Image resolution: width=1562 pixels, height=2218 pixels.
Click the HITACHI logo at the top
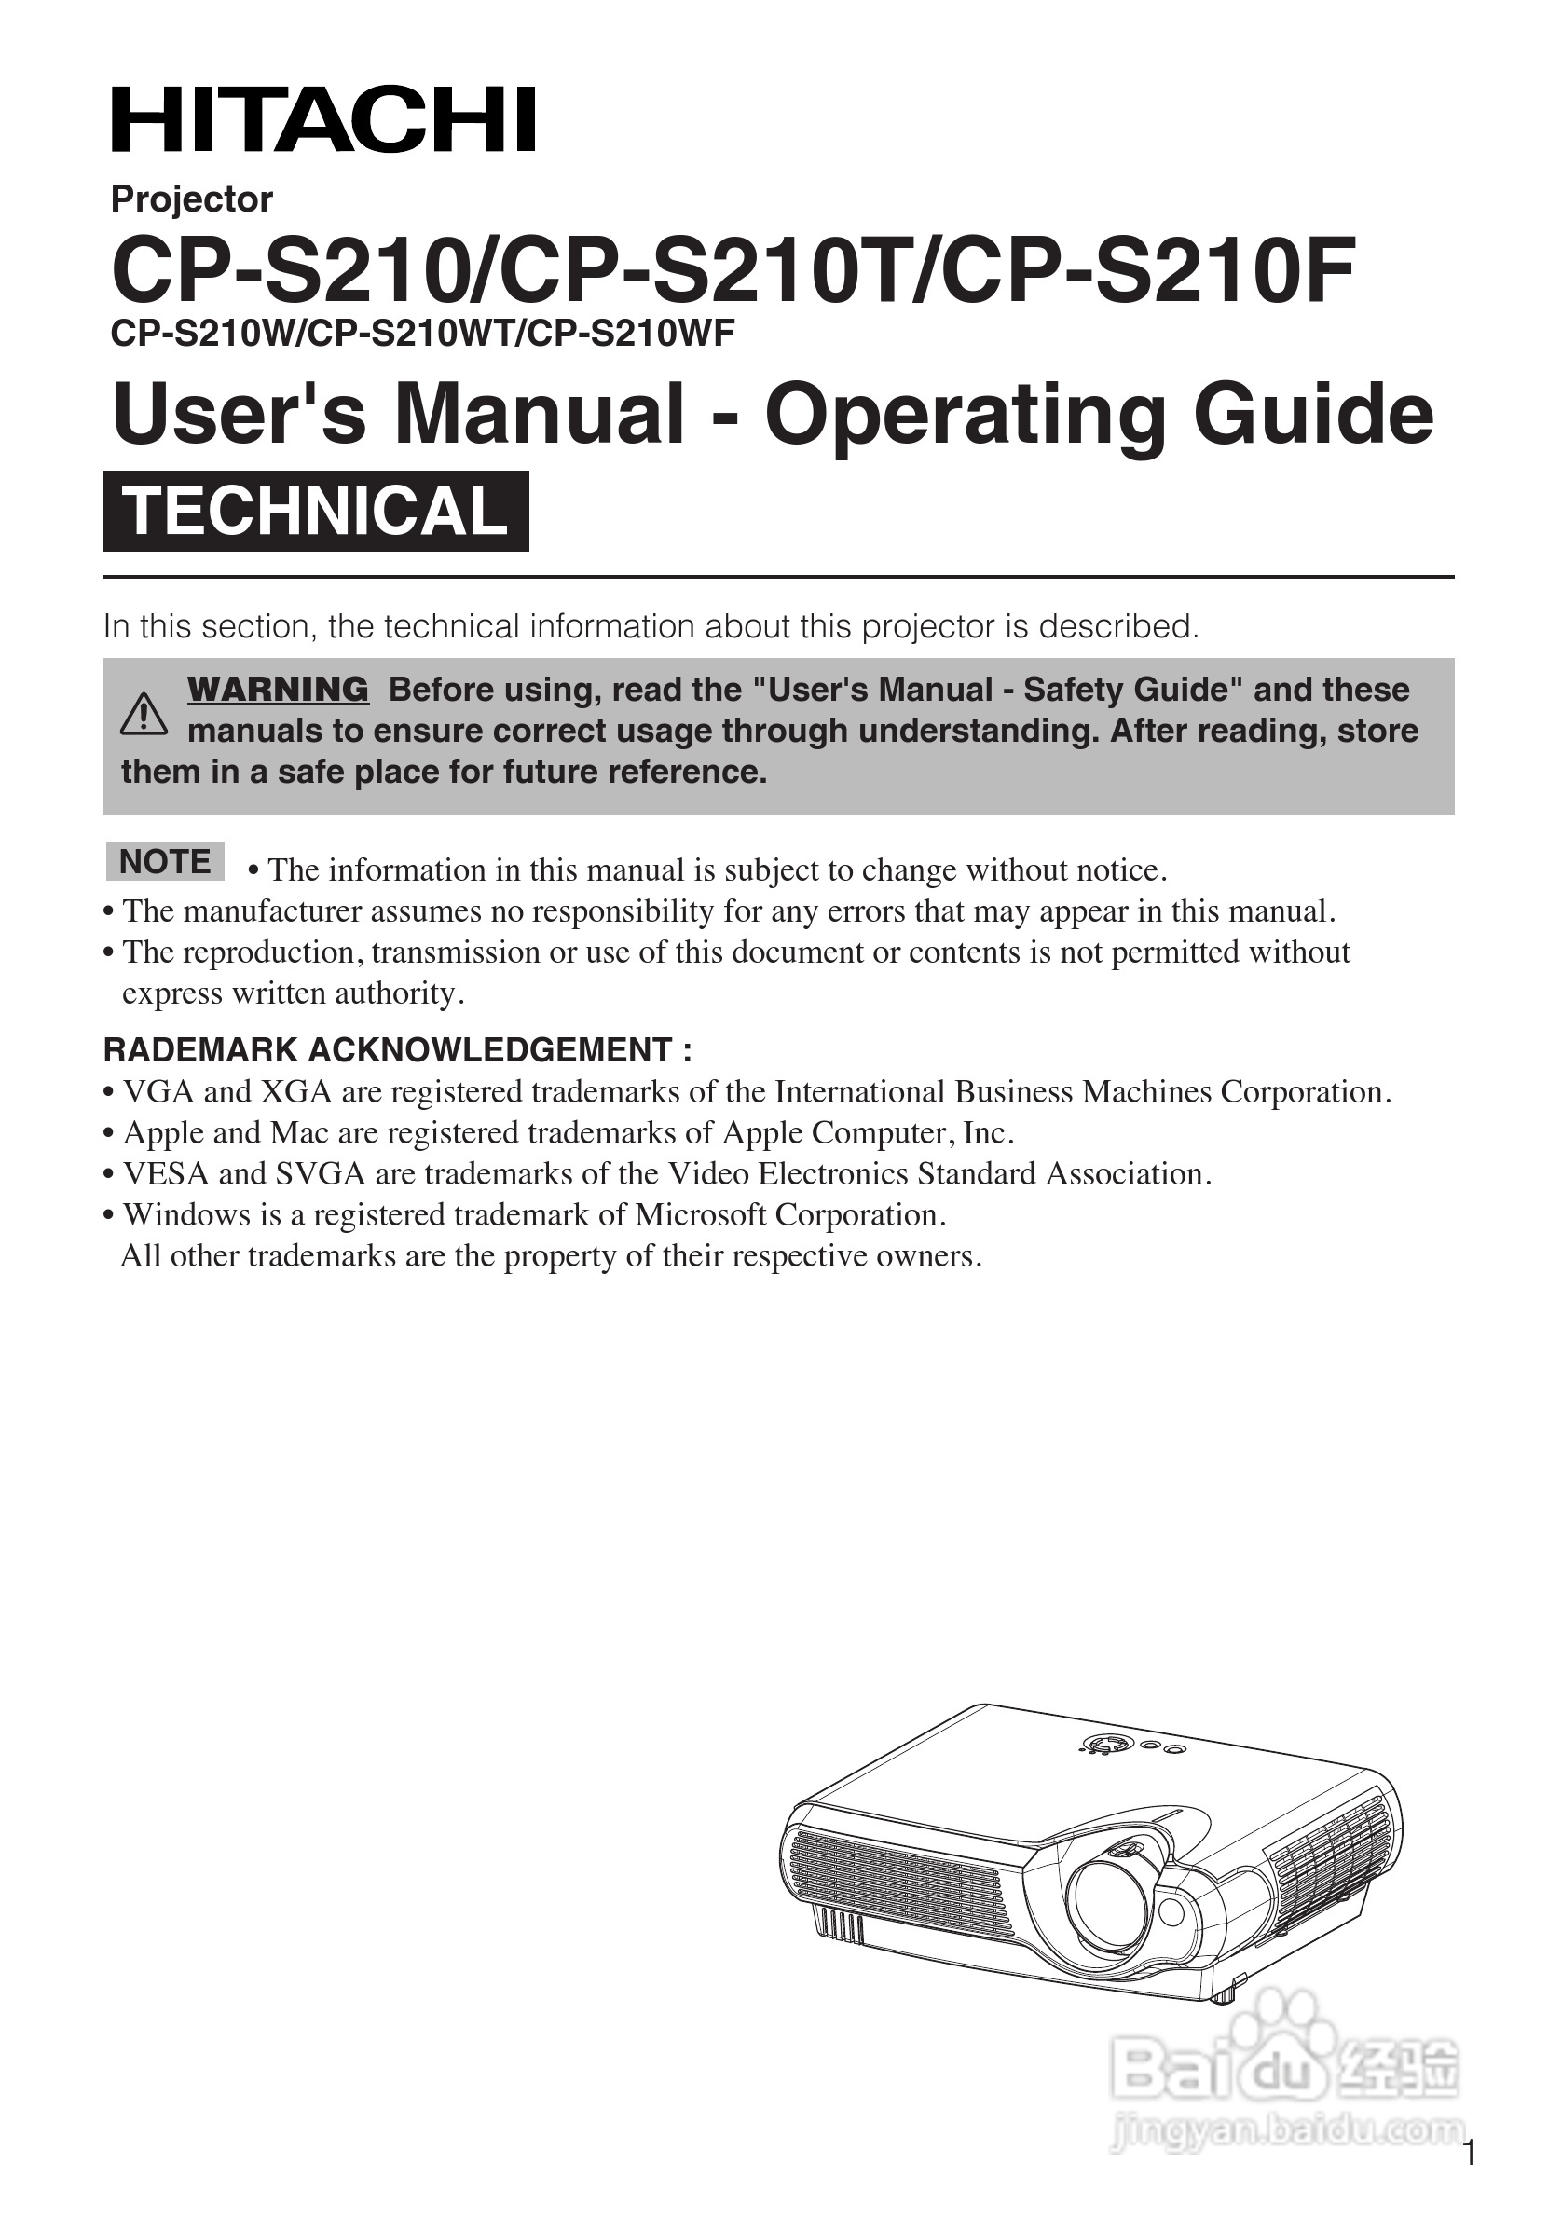tap(323, 120)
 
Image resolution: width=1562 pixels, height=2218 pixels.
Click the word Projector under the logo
tap(191, 199)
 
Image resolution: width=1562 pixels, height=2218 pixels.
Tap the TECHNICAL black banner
tap(316, 511)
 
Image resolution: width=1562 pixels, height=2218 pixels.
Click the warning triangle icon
tap(144, 715)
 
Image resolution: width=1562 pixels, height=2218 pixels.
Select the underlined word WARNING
tap(277, 690)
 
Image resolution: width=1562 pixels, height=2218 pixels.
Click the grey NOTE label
tap(164, 861)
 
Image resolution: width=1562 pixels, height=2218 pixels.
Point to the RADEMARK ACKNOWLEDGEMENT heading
tap(397, 1049)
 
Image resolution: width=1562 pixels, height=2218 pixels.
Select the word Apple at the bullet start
tap(158, 1132)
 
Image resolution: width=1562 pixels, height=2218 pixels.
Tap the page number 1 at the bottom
tap(1469, 2181)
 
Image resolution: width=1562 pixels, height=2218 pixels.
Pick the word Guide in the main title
tap(1313, 415)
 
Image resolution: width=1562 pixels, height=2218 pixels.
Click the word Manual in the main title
tap(539, 415)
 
